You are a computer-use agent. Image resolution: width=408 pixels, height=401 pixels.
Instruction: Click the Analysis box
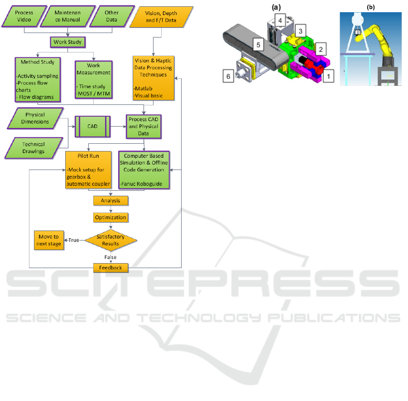110,200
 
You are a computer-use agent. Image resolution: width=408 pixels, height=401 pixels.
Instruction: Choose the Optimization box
110,217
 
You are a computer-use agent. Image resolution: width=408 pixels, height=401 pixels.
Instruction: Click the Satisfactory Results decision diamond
110,240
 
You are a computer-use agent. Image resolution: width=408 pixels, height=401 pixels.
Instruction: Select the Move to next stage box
48,240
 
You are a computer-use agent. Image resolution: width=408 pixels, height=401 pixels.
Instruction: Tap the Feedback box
110,268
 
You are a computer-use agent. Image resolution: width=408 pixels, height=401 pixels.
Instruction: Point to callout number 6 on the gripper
228,76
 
